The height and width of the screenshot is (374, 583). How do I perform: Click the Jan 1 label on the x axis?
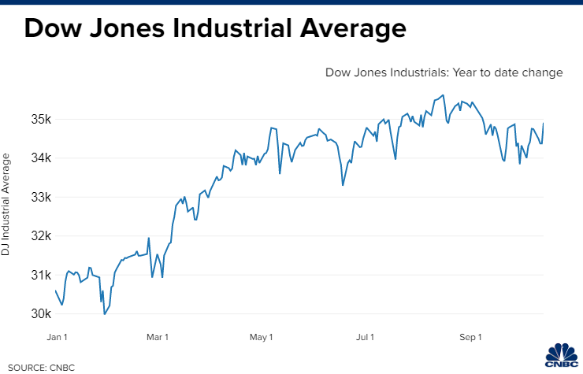click(57, 338)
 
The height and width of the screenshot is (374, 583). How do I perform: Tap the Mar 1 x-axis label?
click(158, 338)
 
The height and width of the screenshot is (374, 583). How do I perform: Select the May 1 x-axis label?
click(261, 338)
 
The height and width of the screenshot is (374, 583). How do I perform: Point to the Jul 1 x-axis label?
click(365, 338)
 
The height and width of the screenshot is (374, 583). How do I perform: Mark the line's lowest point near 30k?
click(104, 313)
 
